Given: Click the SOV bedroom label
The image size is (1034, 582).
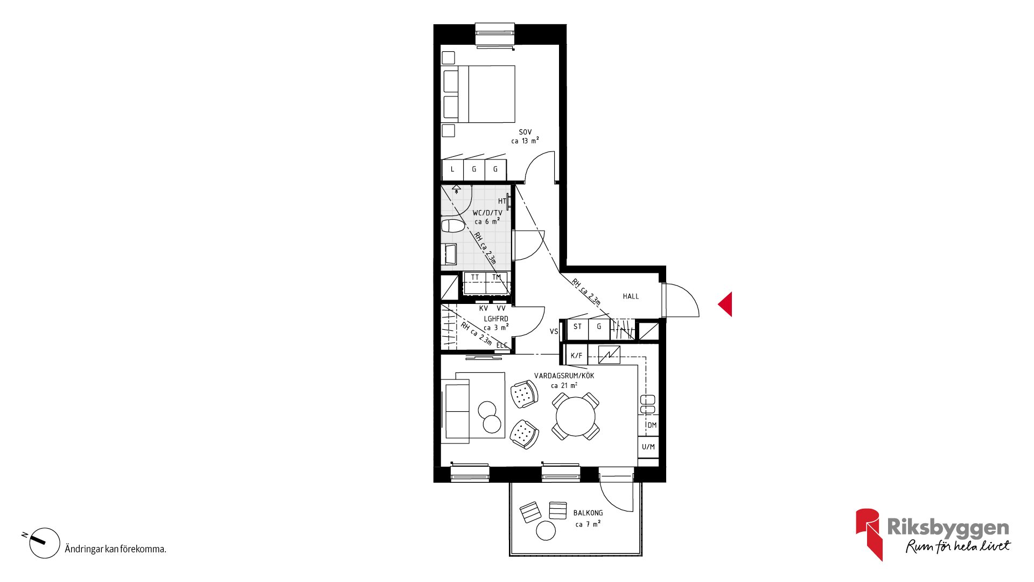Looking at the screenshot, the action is [525, 132].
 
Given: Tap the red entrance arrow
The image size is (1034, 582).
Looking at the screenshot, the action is [726, 304].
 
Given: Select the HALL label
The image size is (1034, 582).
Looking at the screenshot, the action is [631, 296].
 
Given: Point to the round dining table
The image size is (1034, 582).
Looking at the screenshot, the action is [576, 416].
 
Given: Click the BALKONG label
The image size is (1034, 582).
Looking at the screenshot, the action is [588, 513].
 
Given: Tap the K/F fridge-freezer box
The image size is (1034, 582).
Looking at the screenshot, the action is [576, 356].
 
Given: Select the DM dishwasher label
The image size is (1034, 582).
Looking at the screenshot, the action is [652, 425].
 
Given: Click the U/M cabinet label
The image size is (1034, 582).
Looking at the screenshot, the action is [648, 447].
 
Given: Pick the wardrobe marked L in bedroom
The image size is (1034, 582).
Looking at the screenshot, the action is [452, 169].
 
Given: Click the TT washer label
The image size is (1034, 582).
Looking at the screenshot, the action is [475, 278].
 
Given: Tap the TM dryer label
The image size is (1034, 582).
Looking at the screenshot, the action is [497, 278].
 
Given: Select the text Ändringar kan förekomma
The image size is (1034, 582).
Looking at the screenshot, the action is [115, 549].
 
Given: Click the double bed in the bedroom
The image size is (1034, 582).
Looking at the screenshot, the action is [478, 94].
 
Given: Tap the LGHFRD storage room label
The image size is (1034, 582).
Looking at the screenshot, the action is [496, 319].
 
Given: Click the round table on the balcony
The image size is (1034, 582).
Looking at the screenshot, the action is [546, 531].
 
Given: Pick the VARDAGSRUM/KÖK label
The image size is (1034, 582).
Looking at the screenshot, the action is [564, 376].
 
